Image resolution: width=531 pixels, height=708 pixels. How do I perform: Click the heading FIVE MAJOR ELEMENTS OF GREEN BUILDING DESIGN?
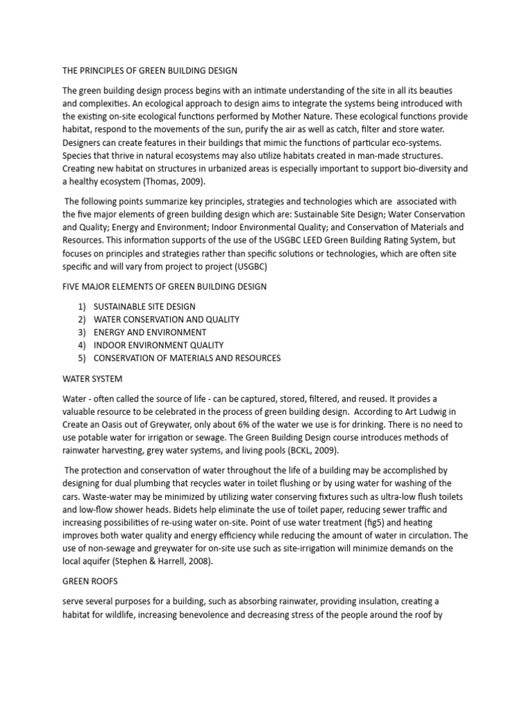tap(165, 286)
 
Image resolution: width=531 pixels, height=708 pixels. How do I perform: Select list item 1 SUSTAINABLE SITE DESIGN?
tap(144, 306)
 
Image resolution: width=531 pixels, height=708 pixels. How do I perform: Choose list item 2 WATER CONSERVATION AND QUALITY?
tap(166, 319)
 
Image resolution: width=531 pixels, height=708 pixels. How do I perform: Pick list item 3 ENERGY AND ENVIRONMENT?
tap(149, 333)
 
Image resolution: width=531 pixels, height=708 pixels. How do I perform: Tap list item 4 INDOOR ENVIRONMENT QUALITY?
tap(158, 345)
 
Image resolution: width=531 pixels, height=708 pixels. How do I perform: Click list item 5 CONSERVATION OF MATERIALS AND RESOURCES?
tap(187, 358)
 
